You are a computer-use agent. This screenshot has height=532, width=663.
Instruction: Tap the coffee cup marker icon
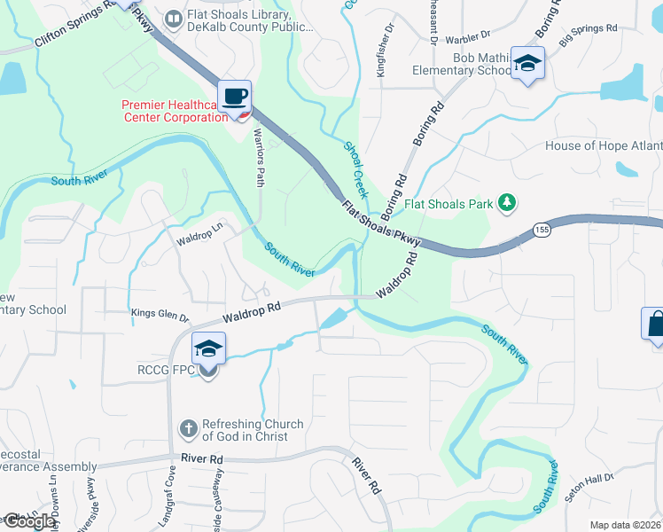click(x=235, y=96)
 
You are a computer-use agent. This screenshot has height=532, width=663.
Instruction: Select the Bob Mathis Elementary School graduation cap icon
click(x=528, y=63)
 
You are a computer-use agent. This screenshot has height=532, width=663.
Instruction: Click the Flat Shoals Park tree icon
click(x=507, y=203)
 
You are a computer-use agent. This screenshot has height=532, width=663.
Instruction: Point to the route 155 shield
click(x=539, y=230)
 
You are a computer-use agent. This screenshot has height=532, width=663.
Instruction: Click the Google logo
click(x=28, y=521)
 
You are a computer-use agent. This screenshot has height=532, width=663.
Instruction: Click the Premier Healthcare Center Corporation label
click(x=173, y=111)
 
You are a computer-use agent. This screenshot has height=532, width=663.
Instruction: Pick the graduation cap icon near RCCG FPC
click(x=208, y=348)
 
